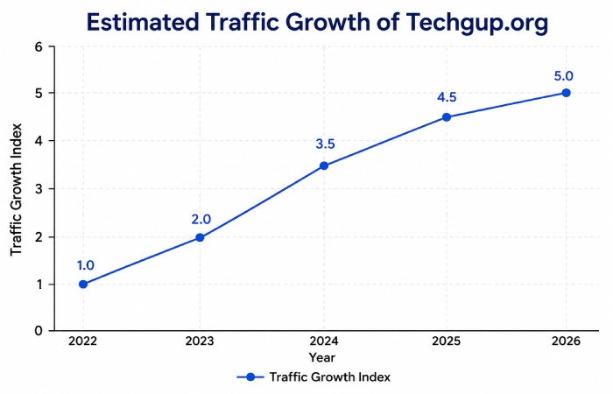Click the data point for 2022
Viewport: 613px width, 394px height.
pos(83,284)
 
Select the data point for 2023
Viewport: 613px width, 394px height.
pos(200,237)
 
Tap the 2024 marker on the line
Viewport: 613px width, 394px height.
pos(324,165)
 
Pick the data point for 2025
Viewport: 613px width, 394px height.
pos(447,116)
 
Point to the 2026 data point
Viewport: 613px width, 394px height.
pos(566,93)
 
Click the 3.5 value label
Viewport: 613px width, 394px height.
pos(324,144)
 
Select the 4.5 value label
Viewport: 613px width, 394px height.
pos(447,95)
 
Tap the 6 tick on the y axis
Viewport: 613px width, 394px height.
pos(39,46)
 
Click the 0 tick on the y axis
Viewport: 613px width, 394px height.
pos(39,331)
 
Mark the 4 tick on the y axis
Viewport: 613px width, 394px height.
pos(39,141)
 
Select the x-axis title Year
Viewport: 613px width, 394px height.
pos(321,357)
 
